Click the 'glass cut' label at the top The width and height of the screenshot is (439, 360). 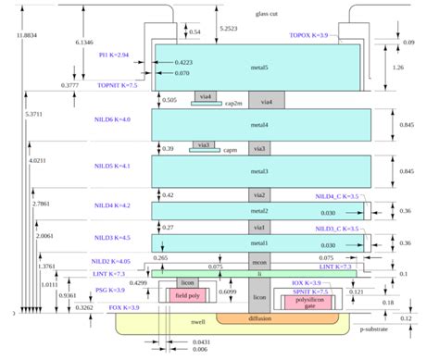coord(266,14)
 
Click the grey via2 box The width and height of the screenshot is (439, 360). coord(260,195)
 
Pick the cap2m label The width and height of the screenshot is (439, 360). coord(233,102)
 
